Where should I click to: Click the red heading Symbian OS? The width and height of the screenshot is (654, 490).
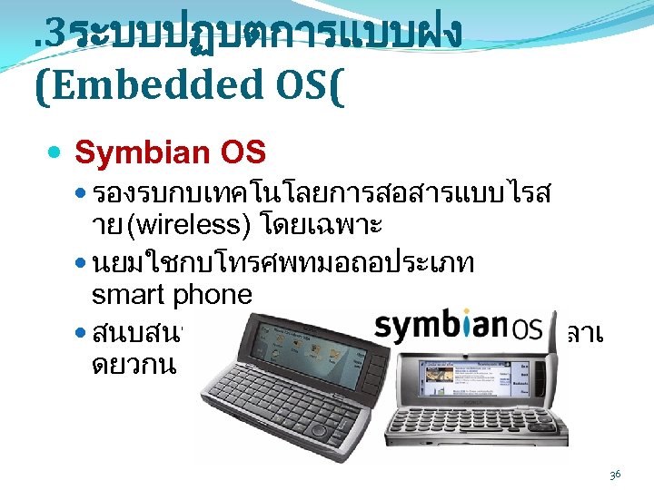[170, 153]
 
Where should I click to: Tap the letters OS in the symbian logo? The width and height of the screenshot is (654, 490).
[532, 328]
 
